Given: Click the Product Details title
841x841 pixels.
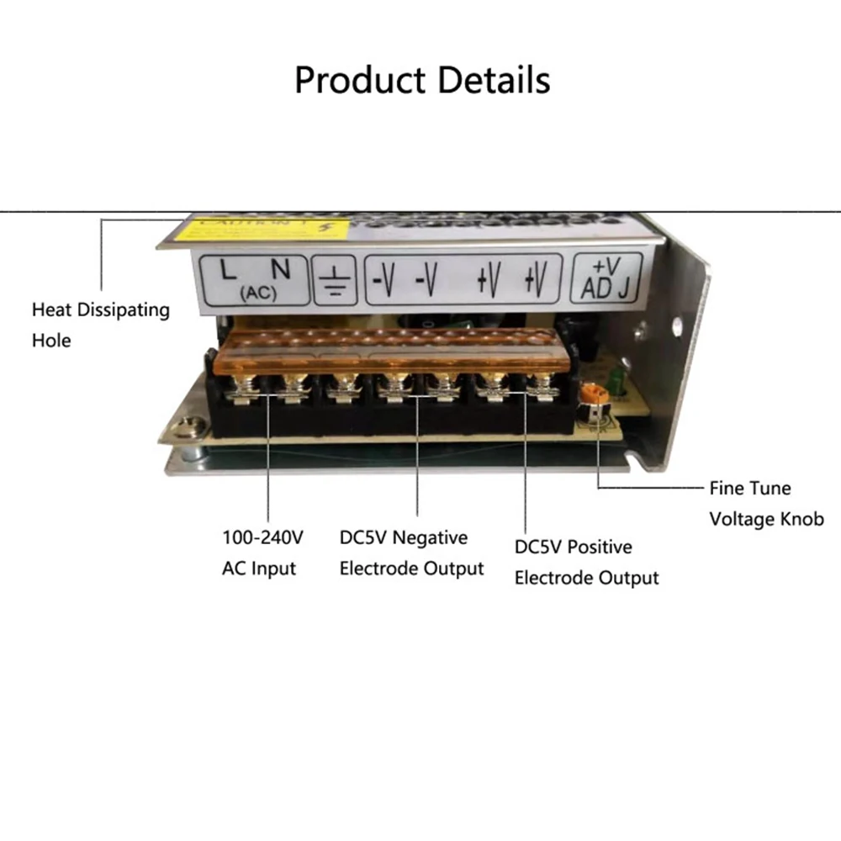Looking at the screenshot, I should tap(422, 81).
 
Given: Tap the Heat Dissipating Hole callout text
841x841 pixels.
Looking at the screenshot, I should tap(100, 325).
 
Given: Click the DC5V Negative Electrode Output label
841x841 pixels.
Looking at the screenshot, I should tap(411, 553).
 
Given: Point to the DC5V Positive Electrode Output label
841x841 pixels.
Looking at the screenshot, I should tap(586, 562).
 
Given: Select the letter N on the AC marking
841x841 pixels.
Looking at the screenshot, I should tap(280, 269).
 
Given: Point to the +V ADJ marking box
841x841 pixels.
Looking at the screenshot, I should tap(606, 278).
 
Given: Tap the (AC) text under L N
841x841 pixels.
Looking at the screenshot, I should tap(253, 293).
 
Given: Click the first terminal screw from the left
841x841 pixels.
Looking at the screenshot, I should tap(243, 389).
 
